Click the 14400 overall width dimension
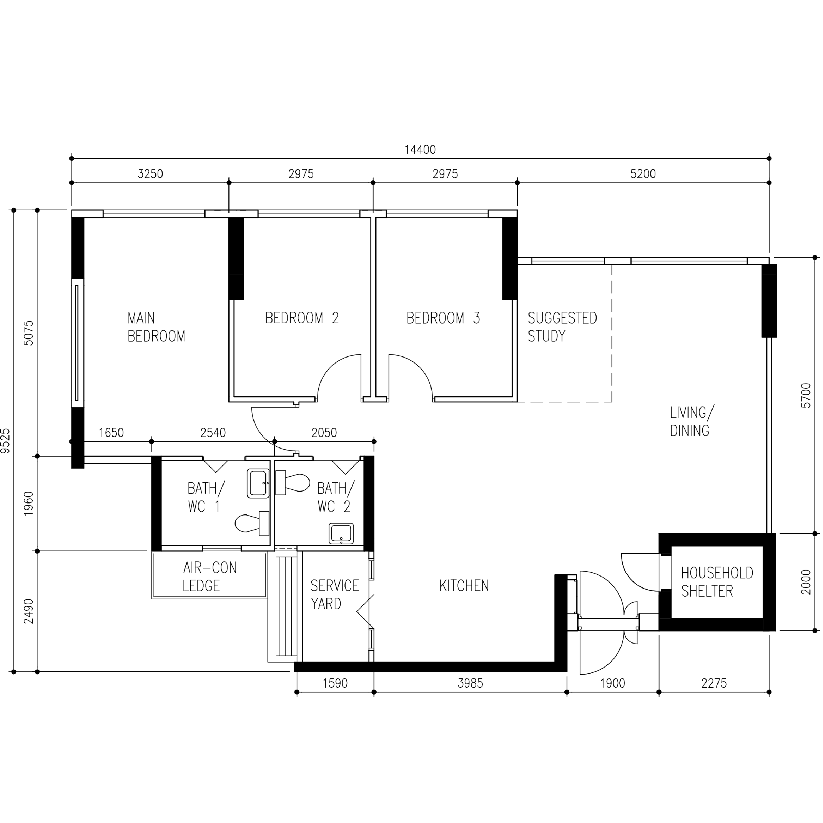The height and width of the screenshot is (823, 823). (420, 150)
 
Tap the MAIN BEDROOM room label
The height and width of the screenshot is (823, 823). (156, 327)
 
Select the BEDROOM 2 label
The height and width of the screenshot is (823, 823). (302, 318)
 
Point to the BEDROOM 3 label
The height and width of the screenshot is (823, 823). (443, 318)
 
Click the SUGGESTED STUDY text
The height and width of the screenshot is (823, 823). (562, 327)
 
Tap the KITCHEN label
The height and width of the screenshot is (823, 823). (464, 586)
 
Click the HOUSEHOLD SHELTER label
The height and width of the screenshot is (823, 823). (717, 582)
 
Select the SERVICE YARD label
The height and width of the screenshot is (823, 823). (334, 595)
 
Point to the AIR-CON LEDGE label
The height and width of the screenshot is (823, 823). (209, 577)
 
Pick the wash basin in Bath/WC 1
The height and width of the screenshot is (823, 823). (258, 484)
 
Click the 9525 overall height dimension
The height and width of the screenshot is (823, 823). (5, 441)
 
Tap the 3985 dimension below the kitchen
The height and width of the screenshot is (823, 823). (470, 683)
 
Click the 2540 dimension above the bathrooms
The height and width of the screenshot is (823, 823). (213, 433)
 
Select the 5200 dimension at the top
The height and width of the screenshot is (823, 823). (642, 174)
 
